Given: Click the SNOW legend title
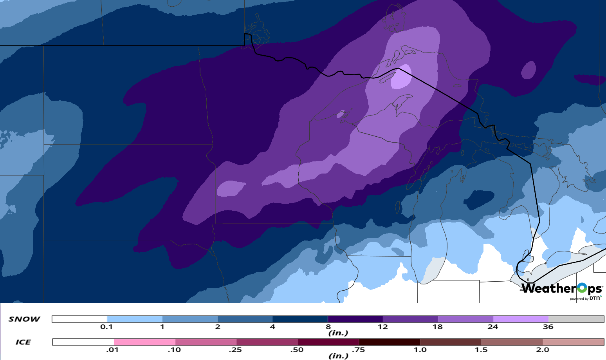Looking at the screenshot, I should point(24,319).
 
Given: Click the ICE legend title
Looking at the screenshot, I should point(23,342).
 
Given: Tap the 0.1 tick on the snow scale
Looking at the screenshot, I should point(106,327).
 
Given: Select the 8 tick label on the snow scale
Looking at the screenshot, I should point(328,327).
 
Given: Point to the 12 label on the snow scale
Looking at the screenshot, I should point(383,327).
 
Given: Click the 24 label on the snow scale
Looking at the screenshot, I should point(493,327).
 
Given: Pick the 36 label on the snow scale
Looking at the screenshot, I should point(548,327).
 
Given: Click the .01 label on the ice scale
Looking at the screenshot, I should point(113,350).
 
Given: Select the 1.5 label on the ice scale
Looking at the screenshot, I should point(481,350).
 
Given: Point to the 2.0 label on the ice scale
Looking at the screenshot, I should point(543,350).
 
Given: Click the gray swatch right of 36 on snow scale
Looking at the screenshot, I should point(576,319).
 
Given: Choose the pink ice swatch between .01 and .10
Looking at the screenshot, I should point(144,342).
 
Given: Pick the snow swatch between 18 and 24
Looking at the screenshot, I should point(465,319).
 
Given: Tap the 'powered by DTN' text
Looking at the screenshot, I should point(585,298).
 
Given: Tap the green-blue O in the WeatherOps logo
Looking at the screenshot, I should point(582,288).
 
